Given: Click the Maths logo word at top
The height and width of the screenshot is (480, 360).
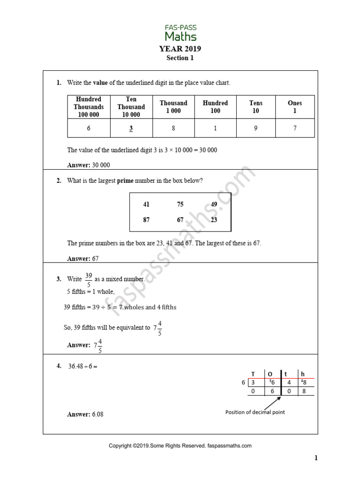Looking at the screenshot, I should tap(180, 36).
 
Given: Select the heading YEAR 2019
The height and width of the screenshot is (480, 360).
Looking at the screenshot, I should tap(180, 49).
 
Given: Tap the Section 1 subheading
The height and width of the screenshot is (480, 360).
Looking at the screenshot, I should tap(180, 58).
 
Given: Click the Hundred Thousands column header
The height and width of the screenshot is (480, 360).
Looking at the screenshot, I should tap(89, 107).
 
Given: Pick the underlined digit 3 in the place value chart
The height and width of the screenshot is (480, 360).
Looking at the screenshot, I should tap(131, 128).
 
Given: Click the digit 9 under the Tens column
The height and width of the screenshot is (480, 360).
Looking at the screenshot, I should tap(255, 128).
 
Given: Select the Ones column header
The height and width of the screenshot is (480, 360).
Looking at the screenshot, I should tap(295, 107).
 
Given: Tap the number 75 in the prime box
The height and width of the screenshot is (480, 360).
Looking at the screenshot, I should tap(180, 204).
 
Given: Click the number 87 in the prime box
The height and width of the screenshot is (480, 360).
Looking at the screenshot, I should tap(146, 220).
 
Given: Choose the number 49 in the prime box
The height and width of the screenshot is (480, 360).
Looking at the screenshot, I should tap(214, 204).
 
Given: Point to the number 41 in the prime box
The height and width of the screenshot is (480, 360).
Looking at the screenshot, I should tap(146, 204).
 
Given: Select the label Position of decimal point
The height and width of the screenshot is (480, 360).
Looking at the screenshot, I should tap(255, 412).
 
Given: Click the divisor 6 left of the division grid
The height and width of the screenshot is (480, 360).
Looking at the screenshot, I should tap(243, 382).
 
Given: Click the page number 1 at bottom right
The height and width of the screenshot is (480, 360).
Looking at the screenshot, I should tap(316, 458).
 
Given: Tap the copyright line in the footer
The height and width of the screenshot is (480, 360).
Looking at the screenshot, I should tap(180, 446).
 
